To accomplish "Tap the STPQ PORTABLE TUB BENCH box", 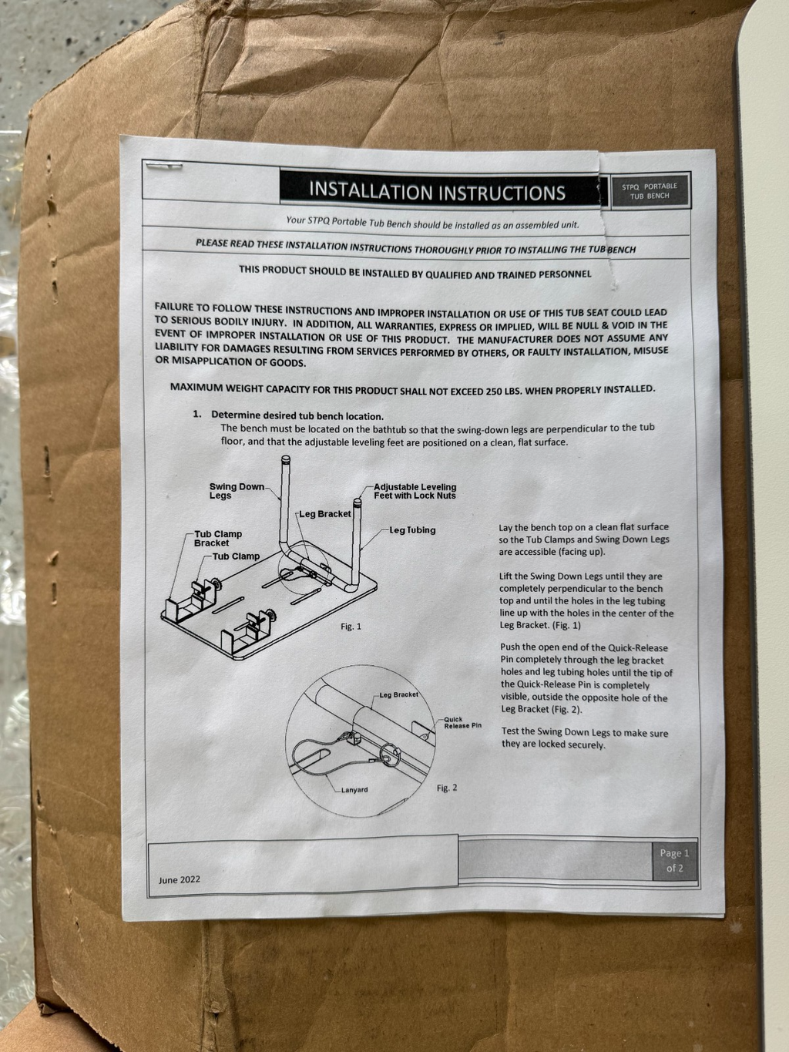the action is pyautogui.click(x=650, y=191).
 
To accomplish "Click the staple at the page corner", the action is pyautogui.click(x=164, y=166).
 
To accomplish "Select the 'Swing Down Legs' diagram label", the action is pyautogui.click(x=237, y=491).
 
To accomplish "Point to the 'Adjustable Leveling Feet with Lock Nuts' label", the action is pyautogui.click(x=415, y=491).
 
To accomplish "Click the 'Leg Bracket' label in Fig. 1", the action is pyautogui.click(x=325, y=514).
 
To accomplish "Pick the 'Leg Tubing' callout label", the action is pyautogui.click(x=412, y=530).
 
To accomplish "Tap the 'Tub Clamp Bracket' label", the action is pyautogui.click(x=218, y=538).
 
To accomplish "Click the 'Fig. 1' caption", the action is pyautogui.click(x=351, y=627).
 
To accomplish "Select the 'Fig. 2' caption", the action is pyautogui.click(x=447, y=788).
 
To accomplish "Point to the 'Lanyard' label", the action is pyautogui.click(x=354, y=790).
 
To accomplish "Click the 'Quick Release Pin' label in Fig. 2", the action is pyautogui.click(x=462, y=722).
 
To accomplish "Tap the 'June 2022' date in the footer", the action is pyautogui.click(x=180, y=879).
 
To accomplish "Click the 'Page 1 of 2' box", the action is pyautogui.click(x=674, y=860).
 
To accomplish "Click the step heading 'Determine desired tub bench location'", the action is pyautogui.click(x=297, y=415).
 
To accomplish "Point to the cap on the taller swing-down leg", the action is pyautogui.click(x=286, y=459).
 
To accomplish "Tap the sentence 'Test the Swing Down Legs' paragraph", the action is pyautogui.click(x=585, y=738).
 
